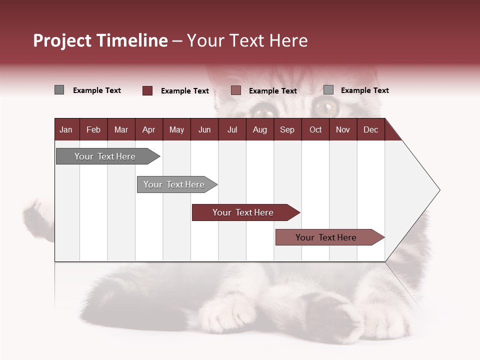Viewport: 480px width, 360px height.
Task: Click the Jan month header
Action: [x=66, y=129]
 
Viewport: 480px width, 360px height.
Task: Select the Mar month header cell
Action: [x=121, y=129]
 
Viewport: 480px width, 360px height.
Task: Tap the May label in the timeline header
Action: [x=176, y=129]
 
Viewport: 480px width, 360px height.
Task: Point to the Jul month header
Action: [x=232, y=129]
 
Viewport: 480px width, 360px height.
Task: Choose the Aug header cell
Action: [x=259, y=129]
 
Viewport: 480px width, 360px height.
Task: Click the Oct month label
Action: [x=315, y=129]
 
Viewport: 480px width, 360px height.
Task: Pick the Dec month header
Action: [x=370, y=129]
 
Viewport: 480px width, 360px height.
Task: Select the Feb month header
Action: [x=93, y=129]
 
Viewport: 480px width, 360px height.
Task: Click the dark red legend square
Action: [x=147, y=90]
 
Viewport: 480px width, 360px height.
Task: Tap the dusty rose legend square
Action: [x=236, y=90]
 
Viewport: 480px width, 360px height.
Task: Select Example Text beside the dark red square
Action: [x=185, y=91]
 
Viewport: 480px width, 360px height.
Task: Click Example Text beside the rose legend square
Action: [x=273, y=91]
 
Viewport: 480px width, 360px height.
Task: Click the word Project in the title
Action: [x=62, y=40]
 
